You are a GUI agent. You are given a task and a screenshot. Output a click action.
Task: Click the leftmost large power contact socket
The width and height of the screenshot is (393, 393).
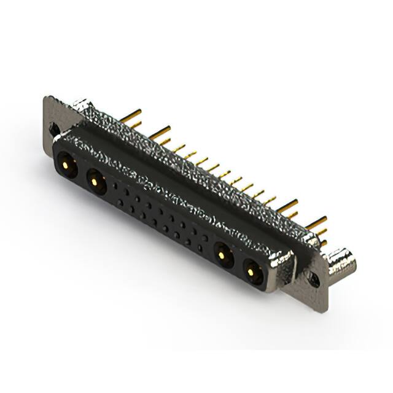[66, 165]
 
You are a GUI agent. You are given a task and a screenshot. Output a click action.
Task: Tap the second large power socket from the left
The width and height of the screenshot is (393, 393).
[95, 180]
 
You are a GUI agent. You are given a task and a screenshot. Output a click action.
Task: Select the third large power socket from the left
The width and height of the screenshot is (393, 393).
[222, 253]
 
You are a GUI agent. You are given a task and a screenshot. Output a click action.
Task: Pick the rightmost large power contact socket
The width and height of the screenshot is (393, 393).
[252, 270]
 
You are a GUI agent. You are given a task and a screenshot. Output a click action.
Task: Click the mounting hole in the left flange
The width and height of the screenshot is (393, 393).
[55, 130]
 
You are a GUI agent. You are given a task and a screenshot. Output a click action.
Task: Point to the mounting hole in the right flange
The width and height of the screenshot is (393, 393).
[314, 279]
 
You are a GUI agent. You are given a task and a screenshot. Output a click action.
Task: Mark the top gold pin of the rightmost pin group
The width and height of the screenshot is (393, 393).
[317, 221]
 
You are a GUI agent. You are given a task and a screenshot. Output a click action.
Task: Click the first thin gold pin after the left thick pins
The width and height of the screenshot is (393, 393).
[179, 147]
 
